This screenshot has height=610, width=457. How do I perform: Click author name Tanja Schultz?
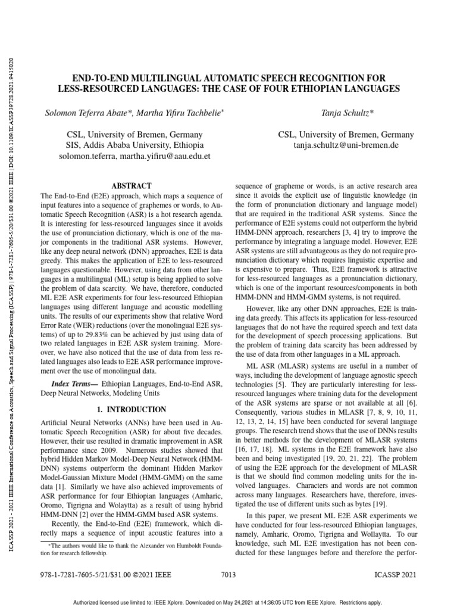[337, 113]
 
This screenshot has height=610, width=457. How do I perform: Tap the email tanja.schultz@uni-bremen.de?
[337, 145]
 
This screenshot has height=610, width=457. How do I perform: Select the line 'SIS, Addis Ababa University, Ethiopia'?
[134, 145]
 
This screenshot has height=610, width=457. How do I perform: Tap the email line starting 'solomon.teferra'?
[134, 156]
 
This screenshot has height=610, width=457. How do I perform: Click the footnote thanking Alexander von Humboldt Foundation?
[131, 549]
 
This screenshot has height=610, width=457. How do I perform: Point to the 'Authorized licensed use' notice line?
[228, 602]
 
